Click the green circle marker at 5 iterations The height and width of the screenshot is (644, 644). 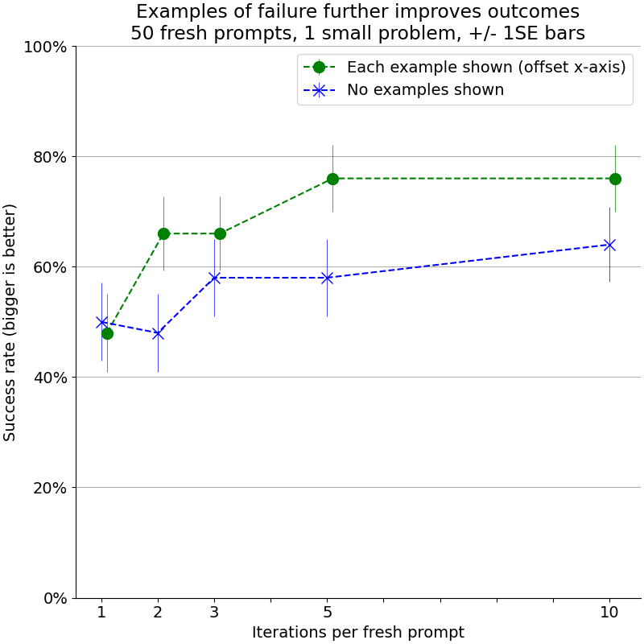(332, 179)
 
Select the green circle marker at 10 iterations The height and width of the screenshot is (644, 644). (615, 179)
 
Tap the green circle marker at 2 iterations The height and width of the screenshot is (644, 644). (163, 233)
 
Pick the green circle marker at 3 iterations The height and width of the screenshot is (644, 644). (220, 233)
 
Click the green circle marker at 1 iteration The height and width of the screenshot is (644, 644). (107, 333)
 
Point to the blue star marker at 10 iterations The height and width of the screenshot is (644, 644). (609, 245)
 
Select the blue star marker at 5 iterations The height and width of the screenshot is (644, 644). (327, 278)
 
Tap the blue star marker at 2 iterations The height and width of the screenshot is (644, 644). (158, 333)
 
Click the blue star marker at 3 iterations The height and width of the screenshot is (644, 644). (214, 278)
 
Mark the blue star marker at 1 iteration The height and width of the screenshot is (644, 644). (101, 322)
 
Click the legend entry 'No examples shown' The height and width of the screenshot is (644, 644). (425, 90)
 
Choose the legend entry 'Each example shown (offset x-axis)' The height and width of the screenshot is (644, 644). (485, 68)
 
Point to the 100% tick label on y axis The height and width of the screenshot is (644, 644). (45, 47)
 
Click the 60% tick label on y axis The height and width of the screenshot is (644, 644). (48, 267)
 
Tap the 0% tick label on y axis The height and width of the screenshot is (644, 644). (53, 598)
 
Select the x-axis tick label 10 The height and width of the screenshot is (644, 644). (609, 613)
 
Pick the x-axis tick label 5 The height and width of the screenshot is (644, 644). (327, 613)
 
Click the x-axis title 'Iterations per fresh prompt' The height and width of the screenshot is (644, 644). (358, 633)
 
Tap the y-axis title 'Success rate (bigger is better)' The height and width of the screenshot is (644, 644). (10, 322)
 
